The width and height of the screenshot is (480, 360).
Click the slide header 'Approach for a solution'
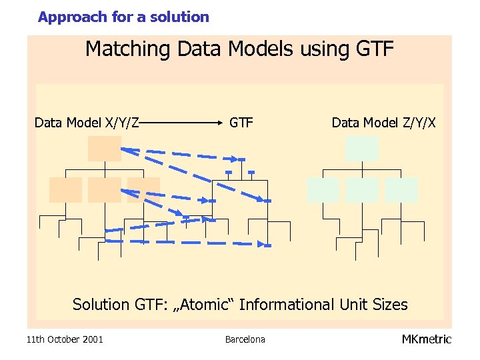pyautogui.click(x=123, y=17)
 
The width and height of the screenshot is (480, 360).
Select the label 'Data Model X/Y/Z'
pyautogui.click(x=87, y=123)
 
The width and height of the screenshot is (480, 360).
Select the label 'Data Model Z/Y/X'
pyautogui.click(x=384, y=123)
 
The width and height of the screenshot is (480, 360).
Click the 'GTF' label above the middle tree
pyautogui.click(x=241, y=123)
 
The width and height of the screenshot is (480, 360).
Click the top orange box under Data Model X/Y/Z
pyautogui.click(x=105, y=148)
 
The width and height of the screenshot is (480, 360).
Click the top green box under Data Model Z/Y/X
pyautogui.click(x=362, y=148)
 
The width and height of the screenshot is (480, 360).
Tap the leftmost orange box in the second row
pyautogui.click(x=65, y=190)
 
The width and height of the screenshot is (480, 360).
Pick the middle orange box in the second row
pyautogui.click(x=105, y=190)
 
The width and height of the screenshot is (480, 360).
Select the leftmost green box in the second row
pyautogui.click(x=323, y=190)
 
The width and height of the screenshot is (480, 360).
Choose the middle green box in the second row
pyautogui.click(x=362, y=190)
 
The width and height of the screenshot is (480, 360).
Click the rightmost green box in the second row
pyautogui.click(x=401, y=190)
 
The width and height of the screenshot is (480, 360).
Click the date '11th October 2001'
pyautogui.click(x=65, y=339)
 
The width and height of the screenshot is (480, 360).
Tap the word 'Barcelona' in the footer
pyautogui.click(x=245, y=339)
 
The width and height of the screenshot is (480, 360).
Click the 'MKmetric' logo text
pyautogui.click(x=426, y=339)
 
